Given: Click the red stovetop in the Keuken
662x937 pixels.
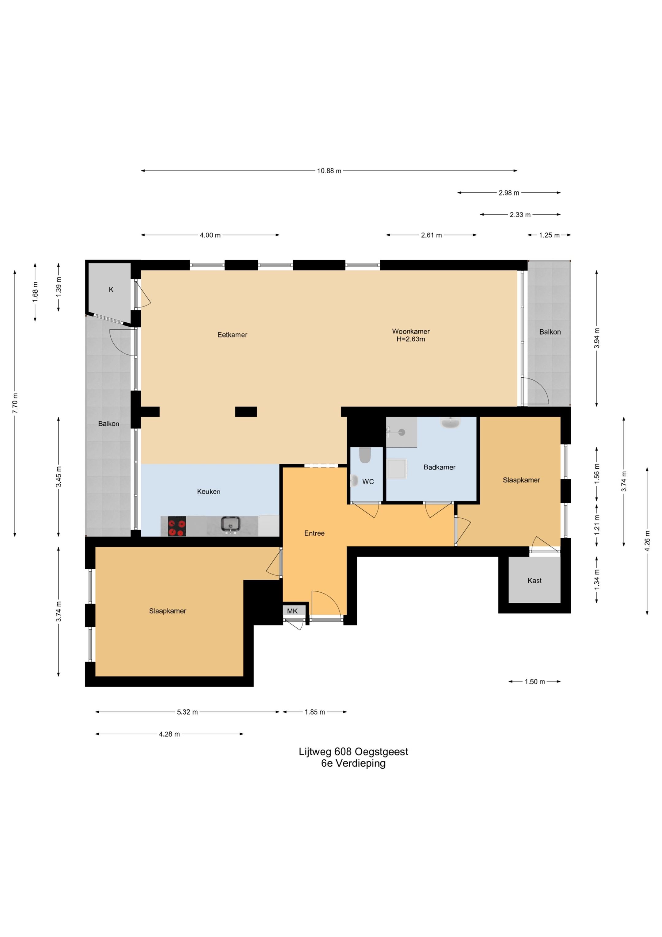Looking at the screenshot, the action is [177, 526].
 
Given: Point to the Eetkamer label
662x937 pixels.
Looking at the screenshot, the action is [233, 335].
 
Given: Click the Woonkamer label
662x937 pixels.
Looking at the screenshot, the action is [411, 331].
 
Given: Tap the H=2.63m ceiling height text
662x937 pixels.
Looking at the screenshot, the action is [411, 339].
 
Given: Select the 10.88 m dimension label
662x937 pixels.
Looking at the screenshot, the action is [329, 171].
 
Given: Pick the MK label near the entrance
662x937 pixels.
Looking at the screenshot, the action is [292, 611].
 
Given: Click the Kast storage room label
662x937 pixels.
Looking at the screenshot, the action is [534, 580].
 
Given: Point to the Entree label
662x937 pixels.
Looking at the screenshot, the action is [314, 533].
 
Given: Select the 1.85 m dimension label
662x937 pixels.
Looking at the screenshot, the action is [315, 712].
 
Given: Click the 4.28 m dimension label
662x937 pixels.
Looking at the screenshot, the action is [169, 734].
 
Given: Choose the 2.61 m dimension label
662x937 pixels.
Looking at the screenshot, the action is [432, 235].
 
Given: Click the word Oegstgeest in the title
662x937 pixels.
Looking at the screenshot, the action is [381, 751].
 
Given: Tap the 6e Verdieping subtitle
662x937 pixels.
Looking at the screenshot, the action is [353, 763].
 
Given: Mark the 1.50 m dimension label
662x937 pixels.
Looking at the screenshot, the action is [535, 682].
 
